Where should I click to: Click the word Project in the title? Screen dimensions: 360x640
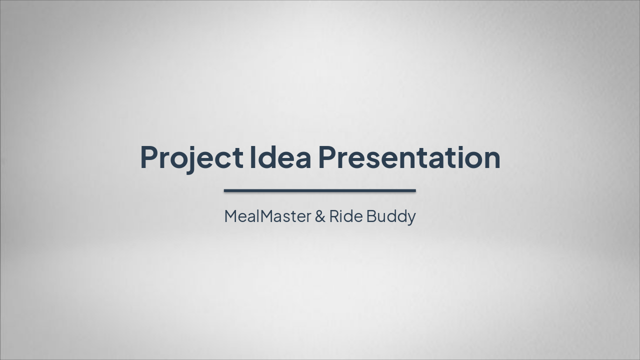click(x=191, y=157)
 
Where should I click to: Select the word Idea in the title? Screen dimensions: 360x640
click(x=280, y=156)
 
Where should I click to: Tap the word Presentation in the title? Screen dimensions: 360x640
click(x=409, y=156)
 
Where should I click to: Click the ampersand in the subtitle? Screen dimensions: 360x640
click(x=320, y=216)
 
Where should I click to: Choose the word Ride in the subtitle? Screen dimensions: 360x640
click(x=345, y=216)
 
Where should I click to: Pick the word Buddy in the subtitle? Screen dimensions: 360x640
click(x=391, y=216)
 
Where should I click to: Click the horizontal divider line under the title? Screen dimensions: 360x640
click(x=320, y=190)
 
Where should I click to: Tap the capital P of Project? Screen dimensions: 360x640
click(x=149, y=156)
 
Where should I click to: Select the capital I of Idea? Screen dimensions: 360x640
click(x=252, y=156)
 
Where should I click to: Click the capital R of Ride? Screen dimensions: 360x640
click(x=333, y=216)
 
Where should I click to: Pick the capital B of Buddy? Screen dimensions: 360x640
click(x=371, y=216)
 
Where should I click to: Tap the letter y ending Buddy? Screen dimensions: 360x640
click(x=411, y=219)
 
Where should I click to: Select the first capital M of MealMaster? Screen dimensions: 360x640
click(x=231, y=216)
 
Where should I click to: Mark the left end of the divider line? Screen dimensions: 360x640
click(x=225, y=190)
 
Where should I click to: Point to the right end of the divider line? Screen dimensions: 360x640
click(x=415, y=190)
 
